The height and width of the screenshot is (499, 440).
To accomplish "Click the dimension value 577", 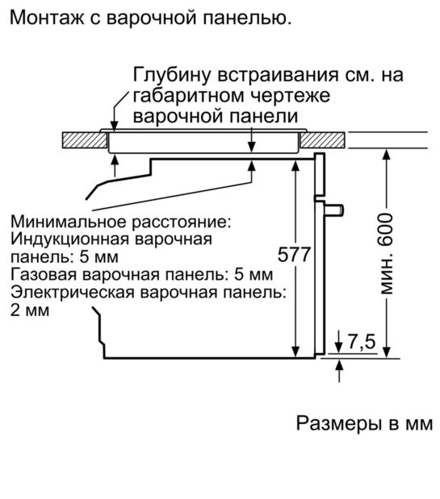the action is pyautogui.click(x=294, y=254).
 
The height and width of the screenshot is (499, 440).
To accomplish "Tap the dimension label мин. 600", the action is pyautogui.click(x=386, y=254).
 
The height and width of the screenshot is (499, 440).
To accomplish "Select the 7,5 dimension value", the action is pyautogui.click(x=362, y=342).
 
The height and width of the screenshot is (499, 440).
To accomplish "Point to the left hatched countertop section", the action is pyautogui.click(x=85, y=139).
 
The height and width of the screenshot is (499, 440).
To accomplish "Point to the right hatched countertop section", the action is pyautogui.click(x=322, y=139).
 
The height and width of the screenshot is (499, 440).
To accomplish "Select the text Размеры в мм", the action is pyautogui.click(x=364, y=423).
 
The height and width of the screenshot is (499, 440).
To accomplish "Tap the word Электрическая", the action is pyautogui.click(x=73, y=292).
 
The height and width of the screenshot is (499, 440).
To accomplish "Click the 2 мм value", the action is pyautogui.click(x=30, y=310).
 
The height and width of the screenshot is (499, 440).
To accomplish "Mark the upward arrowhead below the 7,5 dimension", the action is pyautogui.click(x=339, y=364).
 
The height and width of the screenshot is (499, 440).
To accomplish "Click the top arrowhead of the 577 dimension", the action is pyautogui.click(x=295, y=166).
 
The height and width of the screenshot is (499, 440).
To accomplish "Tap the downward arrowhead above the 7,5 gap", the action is pyautogui.click(x=339, y=347).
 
